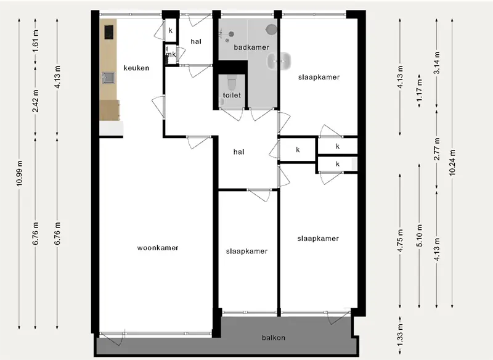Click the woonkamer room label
point(158,248)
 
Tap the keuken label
point(136,68)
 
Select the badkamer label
point(251,47)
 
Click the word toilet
point(232,95)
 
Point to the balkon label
point(274,338)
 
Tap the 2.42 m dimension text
point(36,101)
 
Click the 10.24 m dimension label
point(452,162)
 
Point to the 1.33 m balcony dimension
point(400,335)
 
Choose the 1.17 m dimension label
point(420,91)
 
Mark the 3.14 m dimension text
point(437,63)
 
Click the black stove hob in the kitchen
point(109,32)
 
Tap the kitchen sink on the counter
point(108,78)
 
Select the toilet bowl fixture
point(232,83)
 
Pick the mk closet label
point(171,54)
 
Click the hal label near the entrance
point(196,41)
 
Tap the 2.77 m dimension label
point(437,149)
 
